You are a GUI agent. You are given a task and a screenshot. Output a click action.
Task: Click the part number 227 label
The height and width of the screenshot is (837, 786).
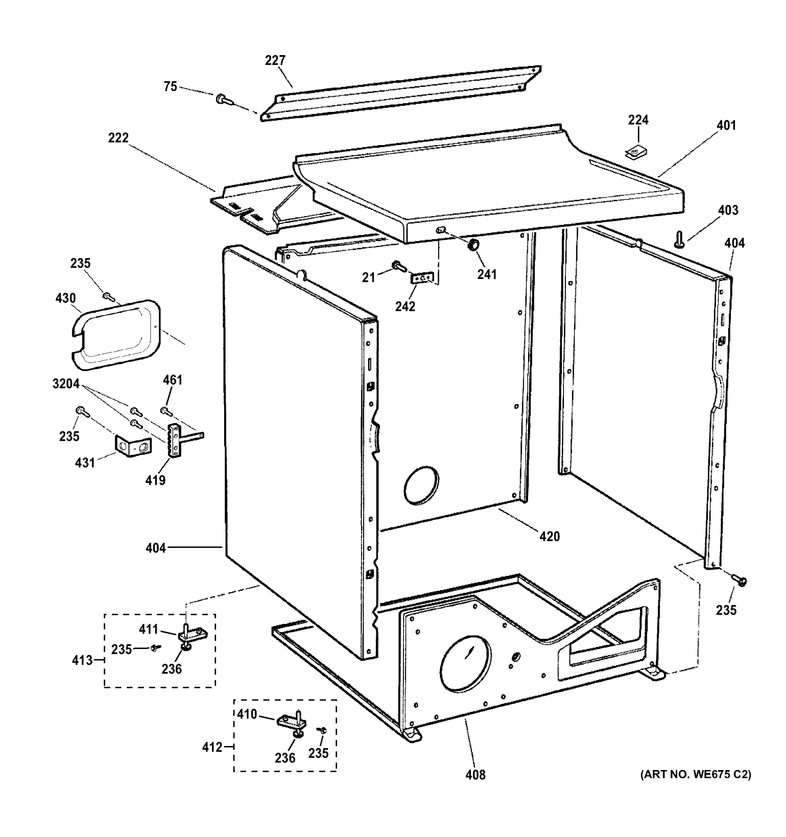tap(275, 61)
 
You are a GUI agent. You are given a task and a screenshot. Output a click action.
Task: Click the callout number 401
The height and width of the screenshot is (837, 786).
tap(726, 126)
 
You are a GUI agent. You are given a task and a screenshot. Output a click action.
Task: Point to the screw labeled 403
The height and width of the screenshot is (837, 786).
tap(679, 240)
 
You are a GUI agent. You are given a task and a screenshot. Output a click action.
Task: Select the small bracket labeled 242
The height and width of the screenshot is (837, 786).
tap(422, 278)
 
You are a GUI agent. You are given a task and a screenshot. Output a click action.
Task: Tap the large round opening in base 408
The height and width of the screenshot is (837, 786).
tap(465, 664)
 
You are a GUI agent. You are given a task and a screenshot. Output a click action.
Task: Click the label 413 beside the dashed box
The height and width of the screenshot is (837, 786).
tap(82, 660)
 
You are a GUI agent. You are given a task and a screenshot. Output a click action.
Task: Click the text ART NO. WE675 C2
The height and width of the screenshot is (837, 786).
tap(695, 774)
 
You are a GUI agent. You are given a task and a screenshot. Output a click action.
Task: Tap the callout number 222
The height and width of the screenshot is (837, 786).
tap(118, 138)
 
